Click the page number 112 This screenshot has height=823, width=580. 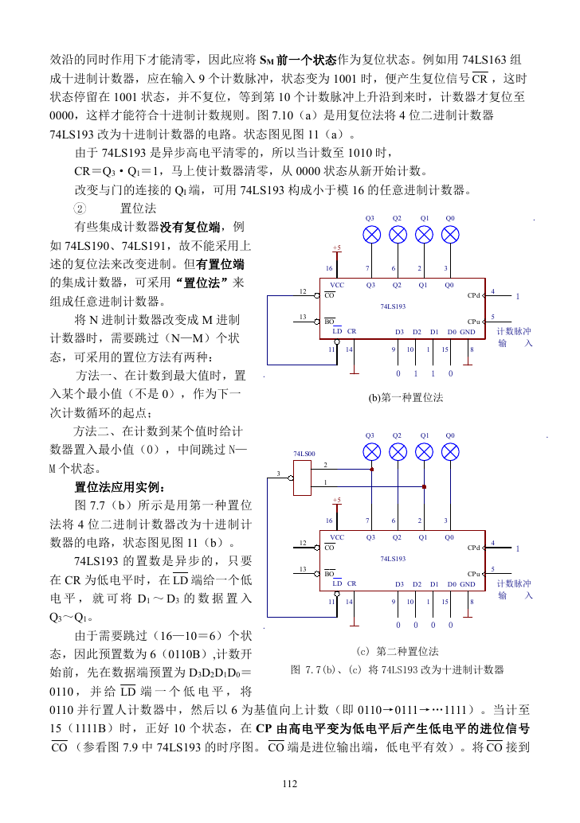pyautogui.click(x=289, y=784)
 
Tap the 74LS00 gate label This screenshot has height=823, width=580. pyautogui.click(x=304, y=454)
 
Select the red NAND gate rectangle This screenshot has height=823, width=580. pyautogui.click(x=302, y=478)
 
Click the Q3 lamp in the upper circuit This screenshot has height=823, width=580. pyautogui.click(x=372, y=235)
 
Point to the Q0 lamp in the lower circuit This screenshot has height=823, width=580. pyautogui.click(x=450, y=452)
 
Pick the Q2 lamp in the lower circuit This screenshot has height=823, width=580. pyautogui.click(x=398, y=452)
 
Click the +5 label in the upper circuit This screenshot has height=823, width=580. pyautogui.click(x=337, y=248)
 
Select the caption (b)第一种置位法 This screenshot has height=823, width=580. pyautogui.click(x=406, y=397)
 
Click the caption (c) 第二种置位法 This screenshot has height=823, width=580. pyautogui.click(x=398, y=651)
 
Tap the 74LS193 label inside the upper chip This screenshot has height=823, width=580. pyautogui.click(x=393, y=306)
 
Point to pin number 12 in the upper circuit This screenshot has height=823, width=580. pyautogui.click(x=303, y=291)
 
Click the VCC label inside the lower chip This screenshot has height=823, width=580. pyautogui.click(x=337, y=537)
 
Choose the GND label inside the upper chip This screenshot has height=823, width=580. pyautogui.click(x=468, y=332)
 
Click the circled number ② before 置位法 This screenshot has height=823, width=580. pyautogui.click(x=80, y=209)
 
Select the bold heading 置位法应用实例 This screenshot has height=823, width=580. pyautogui.click(x=120, y=487)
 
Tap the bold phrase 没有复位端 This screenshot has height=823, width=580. pyautogui.click(x=190, y=227)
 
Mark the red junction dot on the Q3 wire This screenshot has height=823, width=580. pyautogui.click(x=372, y=470)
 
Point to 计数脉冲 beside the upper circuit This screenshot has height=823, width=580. pyautogui.click(x=514, y=331)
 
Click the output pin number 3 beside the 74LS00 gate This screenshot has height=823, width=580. pyautogui.click(x=278, y=474)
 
